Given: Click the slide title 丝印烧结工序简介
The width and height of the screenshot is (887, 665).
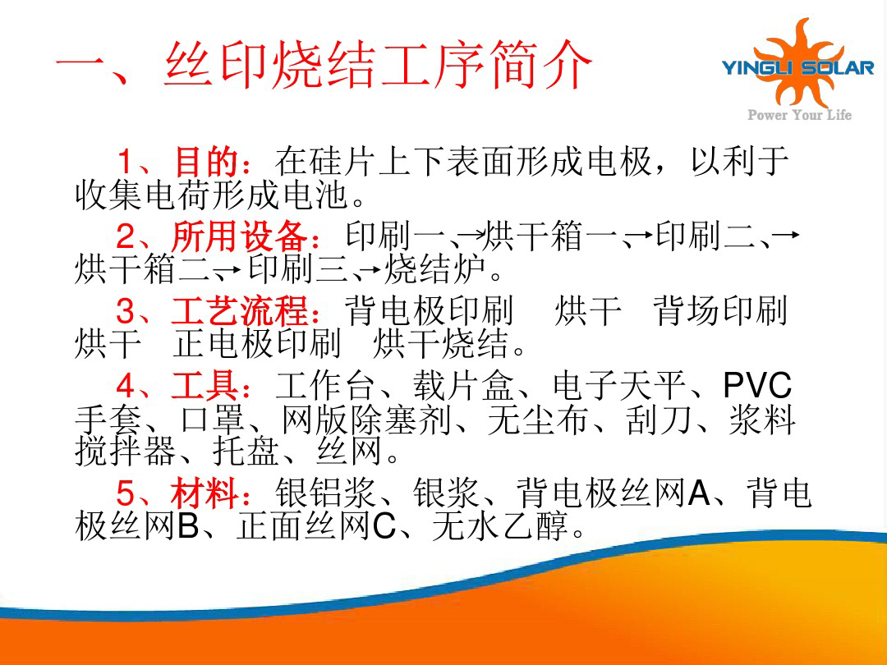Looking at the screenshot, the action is (378, 65).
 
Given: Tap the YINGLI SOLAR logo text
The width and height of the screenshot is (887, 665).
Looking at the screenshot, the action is (797, 68).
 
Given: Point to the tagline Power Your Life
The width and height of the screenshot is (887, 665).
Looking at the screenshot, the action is (799, 115).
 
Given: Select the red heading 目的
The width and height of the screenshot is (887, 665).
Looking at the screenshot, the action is (206, 161).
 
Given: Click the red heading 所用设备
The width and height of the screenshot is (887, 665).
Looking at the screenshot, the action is (240, 236).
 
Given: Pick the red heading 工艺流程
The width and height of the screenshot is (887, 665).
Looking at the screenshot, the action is (240, 311).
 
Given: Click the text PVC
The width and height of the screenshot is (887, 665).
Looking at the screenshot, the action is (757, 386).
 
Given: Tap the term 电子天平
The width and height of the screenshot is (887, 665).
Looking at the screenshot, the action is (619, 386).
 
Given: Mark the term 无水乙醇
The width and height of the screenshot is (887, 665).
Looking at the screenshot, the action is (500, 526).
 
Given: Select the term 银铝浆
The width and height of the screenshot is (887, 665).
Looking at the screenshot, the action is (326, 493).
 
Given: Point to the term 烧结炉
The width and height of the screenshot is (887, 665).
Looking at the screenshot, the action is (434, 269).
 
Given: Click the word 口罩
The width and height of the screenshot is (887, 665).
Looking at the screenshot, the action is (213, 420).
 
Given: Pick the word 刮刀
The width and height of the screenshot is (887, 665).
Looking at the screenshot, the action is (659, 420).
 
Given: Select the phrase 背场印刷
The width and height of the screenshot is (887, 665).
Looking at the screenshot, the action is (719, 311).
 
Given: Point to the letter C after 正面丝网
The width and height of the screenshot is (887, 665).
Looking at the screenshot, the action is (384, 526).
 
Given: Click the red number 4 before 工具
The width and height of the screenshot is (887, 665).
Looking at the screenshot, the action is (125, 386).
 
